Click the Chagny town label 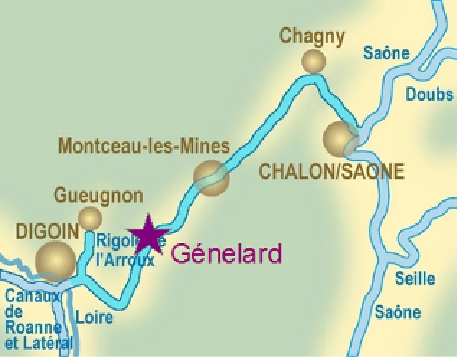click(312, 36)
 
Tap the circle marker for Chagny click(313, 61)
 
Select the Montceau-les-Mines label click(143, 146)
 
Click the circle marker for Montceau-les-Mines click(211, 177)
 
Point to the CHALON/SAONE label click(331, 171)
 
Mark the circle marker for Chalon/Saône click(339, 138)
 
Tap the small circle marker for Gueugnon click(90, 218)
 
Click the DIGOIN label click(47, 231)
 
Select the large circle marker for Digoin click(55, 261)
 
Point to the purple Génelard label click(226, 253)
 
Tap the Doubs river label click(429, 94)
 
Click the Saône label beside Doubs click(386, 53)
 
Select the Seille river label click(416, 279)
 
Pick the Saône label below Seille click(398, 312)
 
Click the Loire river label click(94, 317)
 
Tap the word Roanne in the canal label click(33, 328)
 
